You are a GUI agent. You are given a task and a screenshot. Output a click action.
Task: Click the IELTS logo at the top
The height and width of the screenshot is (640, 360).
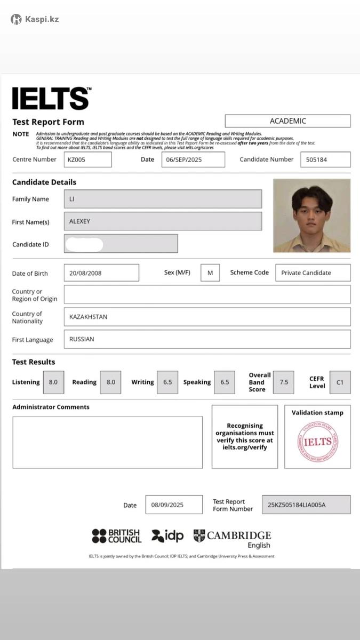point(51,99)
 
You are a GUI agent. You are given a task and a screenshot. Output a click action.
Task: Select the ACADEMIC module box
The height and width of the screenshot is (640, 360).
point(287,121)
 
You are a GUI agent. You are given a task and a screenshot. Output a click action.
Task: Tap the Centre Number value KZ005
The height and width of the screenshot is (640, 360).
point(88,159)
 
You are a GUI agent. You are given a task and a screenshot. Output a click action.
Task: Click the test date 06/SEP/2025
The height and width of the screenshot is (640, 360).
point(193,159)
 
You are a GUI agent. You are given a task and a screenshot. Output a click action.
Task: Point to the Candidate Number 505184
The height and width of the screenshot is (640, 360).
point(325,159)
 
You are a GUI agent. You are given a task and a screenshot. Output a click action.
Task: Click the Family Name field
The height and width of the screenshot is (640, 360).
point(163,199)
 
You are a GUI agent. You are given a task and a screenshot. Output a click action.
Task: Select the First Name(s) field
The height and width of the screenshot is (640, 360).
point(163,221)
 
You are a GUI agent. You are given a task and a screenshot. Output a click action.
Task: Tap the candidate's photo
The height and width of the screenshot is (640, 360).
point(312,215)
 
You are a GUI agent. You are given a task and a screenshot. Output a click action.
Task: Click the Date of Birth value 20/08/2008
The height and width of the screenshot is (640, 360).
point(101,273)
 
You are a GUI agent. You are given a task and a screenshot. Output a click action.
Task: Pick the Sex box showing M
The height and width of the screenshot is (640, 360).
point(210,273)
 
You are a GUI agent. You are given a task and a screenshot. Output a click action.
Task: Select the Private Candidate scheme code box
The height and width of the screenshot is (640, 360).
point(313,273)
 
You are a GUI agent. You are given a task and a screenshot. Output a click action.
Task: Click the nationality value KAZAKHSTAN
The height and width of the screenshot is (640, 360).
point(207,317)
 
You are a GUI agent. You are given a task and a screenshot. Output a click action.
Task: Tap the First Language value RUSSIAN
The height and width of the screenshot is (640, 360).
point(207,339)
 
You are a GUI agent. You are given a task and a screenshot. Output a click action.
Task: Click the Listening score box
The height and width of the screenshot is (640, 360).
point(53,382)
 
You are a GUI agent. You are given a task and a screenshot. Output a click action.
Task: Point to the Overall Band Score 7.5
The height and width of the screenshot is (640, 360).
point(283,382)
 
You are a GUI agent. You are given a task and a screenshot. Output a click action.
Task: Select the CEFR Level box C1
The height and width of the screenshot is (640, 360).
point(340,382)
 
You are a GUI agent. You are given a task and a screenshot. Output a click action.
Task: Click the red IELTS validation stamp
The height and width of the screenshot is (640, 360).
point(317,442)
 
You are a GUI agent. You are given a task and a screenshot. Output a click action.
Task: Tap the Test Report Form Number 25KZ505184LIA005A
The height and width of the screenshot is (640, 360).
point(306,505)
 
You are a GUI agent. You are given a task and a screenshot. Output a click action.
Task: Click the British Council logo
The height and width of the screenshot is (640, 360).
point(116,536)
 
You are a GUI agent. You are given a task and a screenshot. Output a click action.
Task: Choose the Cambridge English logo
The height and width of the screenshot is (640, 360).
point(233,538)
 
